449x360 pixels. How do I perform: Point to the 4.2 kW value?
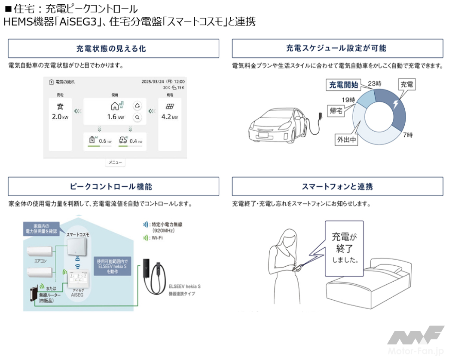pos(169,117)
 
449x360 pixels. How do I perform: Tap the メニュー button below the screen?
pos(115,163)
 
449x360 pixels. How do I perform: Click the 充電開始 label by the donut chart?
pos(343,85)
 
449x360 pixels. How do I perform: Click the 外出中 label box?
pos(347,140)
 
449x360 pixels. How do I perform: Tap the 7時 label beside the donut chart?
pos(408,135)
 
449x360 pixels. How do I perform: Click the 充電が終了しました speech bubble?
pos(344,248)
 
